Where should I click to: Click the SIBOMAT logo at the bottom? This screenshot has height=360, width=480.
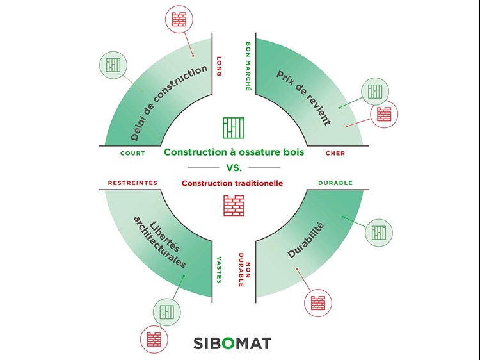point(232,343)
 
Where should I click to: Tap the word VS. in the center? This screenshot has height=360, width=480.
point(234,168)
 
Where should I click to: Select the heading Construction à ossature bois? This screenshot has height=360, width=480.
point(234,152)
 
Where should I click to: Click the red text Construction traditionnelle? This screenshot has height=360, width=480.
point(232,183)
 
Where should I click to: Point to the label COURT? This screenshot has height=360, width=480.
point(133,153)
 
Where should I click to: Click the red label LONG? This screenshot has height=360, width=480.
point(219,66)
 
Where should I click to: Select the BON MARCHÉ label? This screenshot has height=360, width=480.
point(248,67)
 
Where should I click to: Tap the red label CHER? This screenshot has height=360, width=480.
point(335,153)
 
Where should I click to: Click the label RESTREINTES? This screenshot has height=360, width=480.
point(132,183)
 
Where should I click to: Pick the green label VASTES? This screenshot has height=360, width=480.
point(219,270)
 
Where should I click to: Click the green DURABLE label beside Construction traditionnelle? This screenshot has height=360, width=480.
point(335,183)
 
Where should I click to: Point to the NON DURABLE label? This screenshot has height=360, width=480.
point(244,270)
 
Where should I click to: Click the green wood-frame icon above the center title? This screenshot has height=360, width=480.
point(234,127)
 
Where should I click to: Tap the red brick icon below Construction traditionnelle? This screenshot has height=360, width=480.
point(234,205)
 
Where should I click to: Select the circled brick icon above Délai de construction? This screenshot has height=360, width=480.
point(179,19)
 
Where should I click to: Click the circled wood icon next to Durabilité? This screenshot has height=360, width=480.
point(379,233)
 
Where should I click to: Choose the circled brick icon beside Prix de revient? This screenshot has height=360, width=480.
point(384,114)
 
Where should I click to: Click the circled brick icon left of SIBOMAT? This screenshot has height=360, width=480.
point(154,339)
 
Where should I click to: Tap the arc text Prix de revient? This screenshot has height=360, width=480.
point(303,98)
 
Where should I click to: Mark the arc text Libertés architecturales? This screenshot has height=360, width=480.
point(160,241)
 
